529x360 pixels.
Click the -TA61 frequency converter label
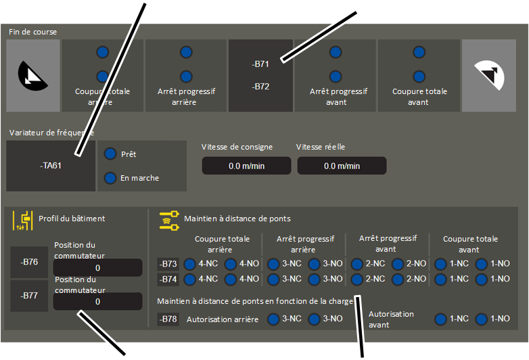(x=51, y=166)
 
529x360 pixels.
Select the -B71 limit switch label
(x=260, y=64)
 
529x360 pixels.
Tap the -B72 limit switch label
(x=260, y=87)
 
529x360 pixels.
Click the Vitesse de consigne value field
(x=247, y=166)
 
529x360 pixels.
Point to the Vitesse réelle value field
(x=342, y=166)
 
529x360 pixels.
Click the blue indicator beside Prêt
(x=110, y=154)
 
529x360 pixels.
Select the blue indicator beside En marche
(x=110, y=178)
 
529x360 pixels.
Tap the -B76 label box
(x=29, y=262)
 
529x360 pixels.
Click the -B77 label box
(x=29, y=296)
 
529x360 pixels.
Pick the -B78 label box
(x=168, y=319)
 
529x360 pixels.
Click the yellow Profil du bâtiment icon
(x=23, y=221)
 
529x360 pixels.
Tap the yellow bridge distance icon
(x=169, y=221)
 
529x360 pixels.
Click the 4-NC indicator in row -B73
(x=190, y=264)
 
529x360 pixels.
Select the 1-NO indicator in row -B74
(x=482, y=279)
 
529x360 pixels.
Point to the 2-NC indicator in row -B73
(x=357, y=264)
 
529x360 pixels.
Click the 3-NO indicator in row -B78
(x=314, y=319)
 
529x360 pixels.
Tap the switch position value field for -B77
(x=98, y=301)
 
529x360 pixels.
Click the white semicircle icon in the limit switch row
(x=490, y=75)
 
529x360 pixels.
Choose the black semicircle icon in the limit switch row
(x=32, y=76)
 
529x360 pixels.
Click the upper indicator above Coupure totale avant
(x=419, y=52)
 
